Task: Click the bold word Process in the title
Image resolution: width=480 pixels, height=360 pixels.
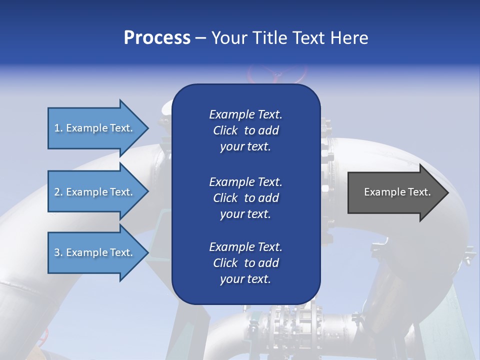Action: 157,38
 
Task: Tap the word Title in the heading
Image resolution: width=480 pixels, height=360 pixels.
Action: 269,38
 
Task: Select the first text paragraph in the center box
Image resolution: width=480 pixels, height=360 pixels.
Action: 245,130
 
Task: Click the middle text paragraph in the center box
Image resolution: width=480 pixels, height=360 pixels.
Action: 245,198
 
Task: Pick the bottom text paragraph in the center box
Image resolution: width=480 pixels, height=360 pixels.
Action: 245,263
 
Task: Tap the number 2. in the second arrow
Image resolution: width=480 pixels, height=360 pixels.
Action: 58,192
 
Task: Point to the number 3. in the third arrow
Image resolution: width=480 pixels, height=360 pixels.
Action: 58,252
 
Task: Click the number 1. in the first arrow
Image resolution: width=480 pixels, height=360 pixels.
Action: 58,128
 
